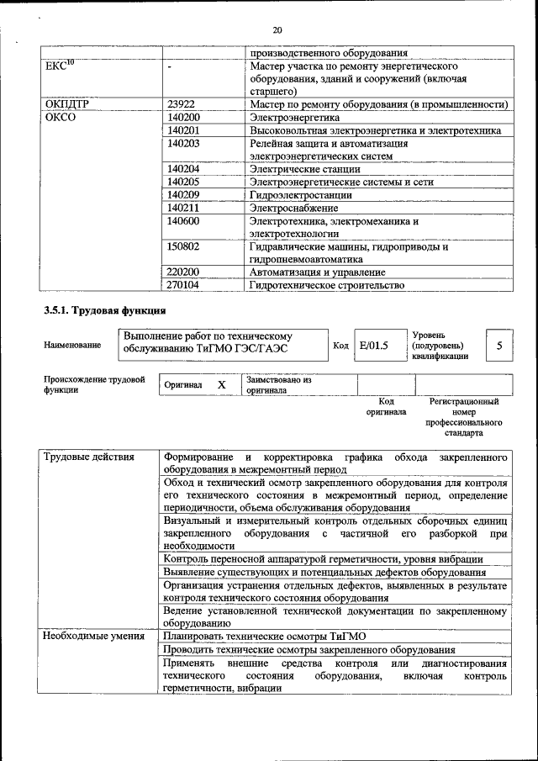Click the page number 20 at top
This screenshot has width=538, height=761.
(x=277, y=30)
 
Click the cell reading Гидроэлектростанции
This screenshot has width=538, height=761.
(x=300, y=194)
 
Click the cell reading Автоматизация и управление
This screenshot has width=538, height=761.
(x=317, y=272)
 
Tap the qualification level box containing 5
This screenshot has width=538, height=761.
(x=499, y=346)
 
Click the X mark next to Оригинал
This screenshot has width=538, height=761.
(x=222, y=384)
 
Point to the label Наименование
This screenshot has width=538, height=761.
(x=72, y=346)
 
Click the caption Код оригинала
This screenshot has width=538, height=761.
(x=386, y=407)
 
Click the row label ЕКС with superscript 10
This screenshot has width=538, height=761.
(x=59, y=65)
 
